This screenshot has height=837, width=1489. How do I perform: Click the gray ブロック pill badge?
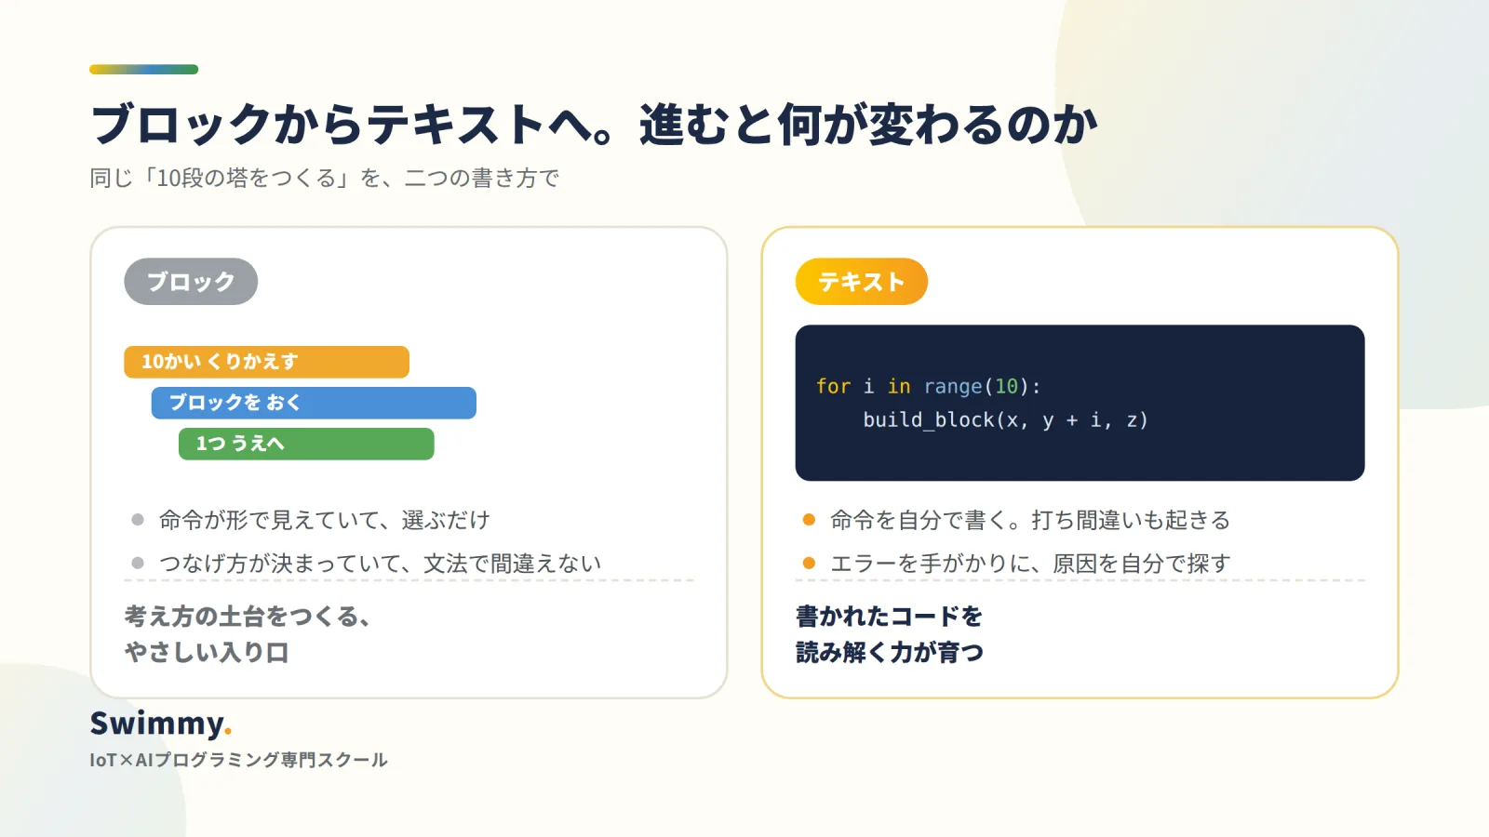coord(191,282)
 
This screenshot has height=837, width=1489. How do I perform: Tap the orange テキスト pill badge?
coord(862,282)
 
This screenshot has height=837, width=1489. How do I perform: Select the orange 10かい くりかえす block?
coord(266,362)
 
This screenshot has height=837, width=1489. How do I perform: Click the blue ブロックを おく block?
coord(314,403)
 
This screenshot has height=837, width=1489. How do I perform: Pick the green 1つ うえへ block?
coord(306,444)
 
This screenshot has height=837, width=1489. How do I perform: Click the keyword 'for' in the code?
coord(834,386)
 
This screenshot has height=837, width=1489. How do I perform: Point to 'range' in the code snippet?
coord(953,386)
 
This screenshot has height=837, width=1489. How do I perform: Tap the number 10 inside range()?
coord(1006,386)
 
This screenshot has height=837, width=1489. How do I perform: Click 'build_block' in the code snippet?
coord(930,419)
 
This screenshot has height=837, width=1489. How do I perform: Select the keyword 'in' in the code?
coord(899,386)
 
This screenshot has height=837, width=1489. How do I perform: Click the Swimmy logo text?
coord(157,724)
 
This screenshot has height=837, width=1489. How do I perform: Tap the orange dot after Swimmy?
coord(228,732)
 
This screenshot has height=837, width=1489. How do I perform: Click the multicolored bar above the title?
coord(143,69)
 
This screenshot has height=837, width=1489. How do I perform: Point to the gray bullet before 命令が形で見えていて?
coord(138,520)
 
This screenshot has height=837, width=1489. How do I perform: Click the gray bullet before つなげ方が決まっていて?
coord(138,564)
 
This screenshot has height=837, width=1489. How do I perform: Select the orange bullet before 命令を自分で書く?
coord(809,520)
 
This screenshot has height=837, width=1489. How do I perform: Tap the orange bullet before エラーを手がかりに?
coord(809,564)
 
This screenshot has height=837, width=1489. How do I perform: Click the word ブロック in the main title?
coord(181,125)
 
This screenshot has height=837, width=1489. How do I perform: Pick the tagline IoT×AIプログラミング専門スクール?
coord(238,760)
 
